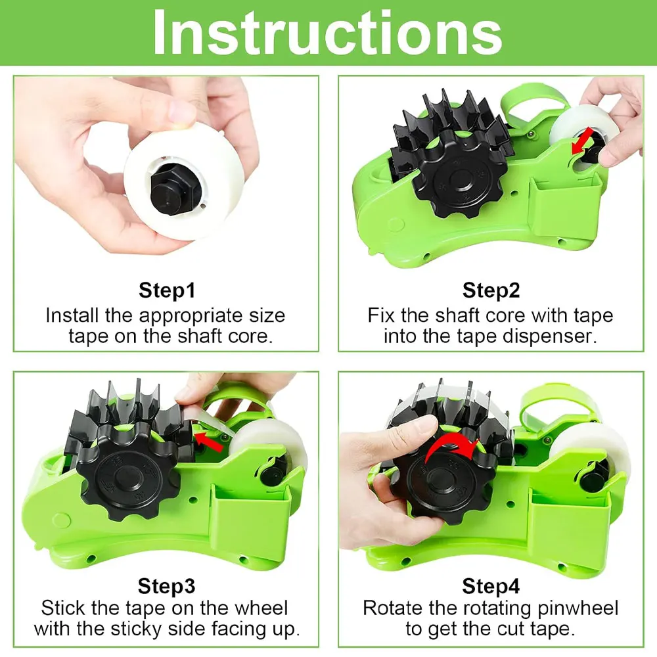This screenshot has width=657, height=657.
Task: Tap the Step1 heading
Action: [x=166, y=290]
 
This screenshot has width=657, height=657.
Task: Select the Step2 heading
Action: [x=490, y=290]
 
